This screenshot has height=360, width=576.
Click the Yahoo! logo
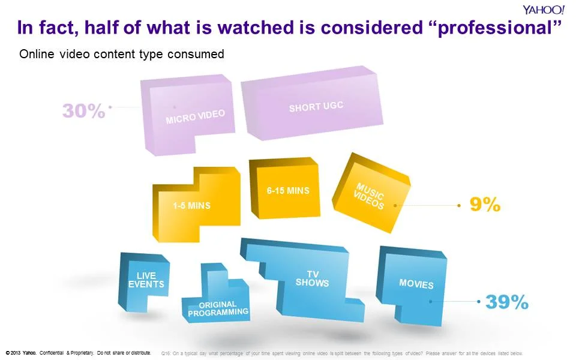(542, 10)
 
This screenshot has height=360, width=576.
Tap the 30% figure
(84, 111)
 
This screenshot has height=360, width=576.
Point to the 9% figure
(485, 205)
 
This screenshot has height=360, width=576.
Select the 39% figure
(506, 302)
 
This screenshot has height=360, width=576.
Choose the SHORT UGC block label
(316, 108)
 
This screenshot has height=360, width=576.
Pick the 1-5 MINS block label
(191, 206)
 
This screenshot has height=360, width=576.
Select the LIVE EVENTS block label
(146, 280)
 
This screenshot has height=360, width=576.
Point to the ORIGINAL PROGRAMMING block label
(218, 308)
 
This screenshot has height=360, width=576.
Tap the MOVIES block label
(416, 283)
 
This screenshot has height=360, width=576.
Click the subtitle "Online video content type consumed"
(122, 55)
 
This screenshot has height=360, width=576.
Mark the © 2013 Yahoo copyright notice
(78, 352)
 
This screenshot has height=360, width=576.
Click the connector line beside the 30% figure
(126, 107)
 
